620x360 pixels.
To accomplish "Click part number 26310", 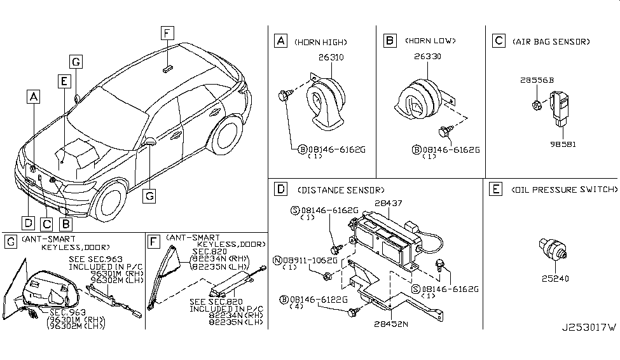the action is point(331,57).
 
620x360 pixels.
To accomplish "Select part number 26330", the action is point(427,56).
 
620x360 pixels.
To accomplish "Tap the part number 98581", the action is point(563,144).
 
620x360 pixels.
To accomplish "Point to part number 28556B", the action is point(537,80).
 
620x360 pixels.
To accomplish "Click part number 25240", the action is point(555,279).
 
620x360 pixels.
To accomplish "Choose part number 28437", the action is point(389,203).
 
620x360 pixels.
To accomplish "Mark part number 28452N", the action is point(390,324).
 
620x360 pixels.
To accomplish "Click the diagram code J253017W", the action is point(589,328).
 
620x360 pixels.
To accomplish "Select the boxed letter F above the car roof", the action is point(167,33).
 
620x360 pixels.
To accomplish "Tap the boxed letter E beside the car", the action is point(64,81).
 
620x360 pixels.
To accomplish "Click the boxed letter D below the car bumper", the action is point(28,223).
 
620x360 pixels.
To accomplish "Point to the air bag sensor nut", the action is point(537,105).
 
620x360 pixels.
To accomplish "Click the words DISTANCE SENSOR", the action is point(340,190).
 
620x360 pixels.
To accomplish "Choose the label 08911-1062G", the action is point(310,260).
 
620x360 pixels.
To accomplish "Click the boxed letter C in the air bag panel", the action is point(499,41).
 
